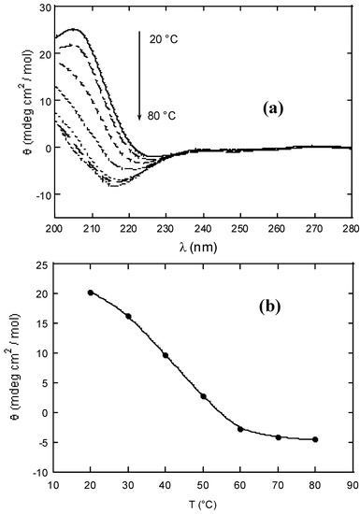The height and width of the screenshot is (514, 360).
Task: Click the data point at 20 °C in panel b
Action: coord(91,293)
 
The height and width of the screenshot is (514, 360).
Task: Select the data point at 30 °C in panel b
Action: coord(128,316)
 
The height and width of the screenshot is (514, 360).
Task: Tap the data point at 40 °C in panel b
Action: coord(166,355)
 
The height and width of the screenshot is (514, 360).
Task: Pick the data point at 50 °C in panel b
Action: coord(203,396)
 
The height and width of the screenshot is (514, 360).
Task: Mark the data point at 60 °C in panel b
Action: coord(240,429)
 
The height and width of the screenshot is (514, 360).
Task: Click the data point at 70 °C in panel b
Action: coord(278,437)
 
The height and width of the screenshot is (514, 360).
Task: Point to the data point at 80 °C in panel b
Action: coord(315,439)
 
